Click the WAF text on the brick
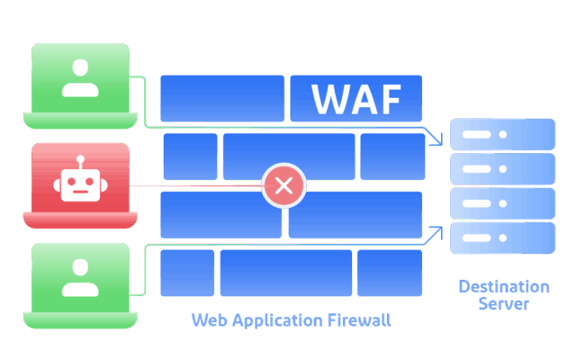355,99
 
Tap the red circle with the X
283,186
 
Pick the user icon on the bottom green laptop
80,277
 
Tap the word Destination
503,287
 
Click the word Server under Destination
503,304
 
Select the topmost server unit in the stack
502,134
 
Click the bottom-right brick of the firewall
389,273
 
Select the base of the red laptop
81,221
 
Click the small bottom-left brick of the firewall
187,273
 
